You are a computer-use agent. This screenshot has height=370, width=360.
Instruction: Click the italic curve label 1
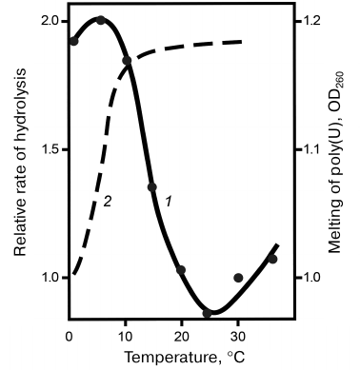(168, 201)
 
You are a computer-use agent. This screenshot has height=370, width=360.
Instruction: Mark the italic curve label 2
(108, 202)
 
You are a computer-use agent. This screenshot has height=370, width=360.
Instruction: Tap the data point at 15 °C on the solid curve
(152, 187)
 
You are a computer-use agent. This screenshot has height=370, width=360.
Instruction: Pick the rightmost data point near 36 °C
(272, 259)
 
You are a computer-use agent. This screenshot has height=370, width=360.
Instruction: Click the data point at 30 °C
(238, 278)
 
